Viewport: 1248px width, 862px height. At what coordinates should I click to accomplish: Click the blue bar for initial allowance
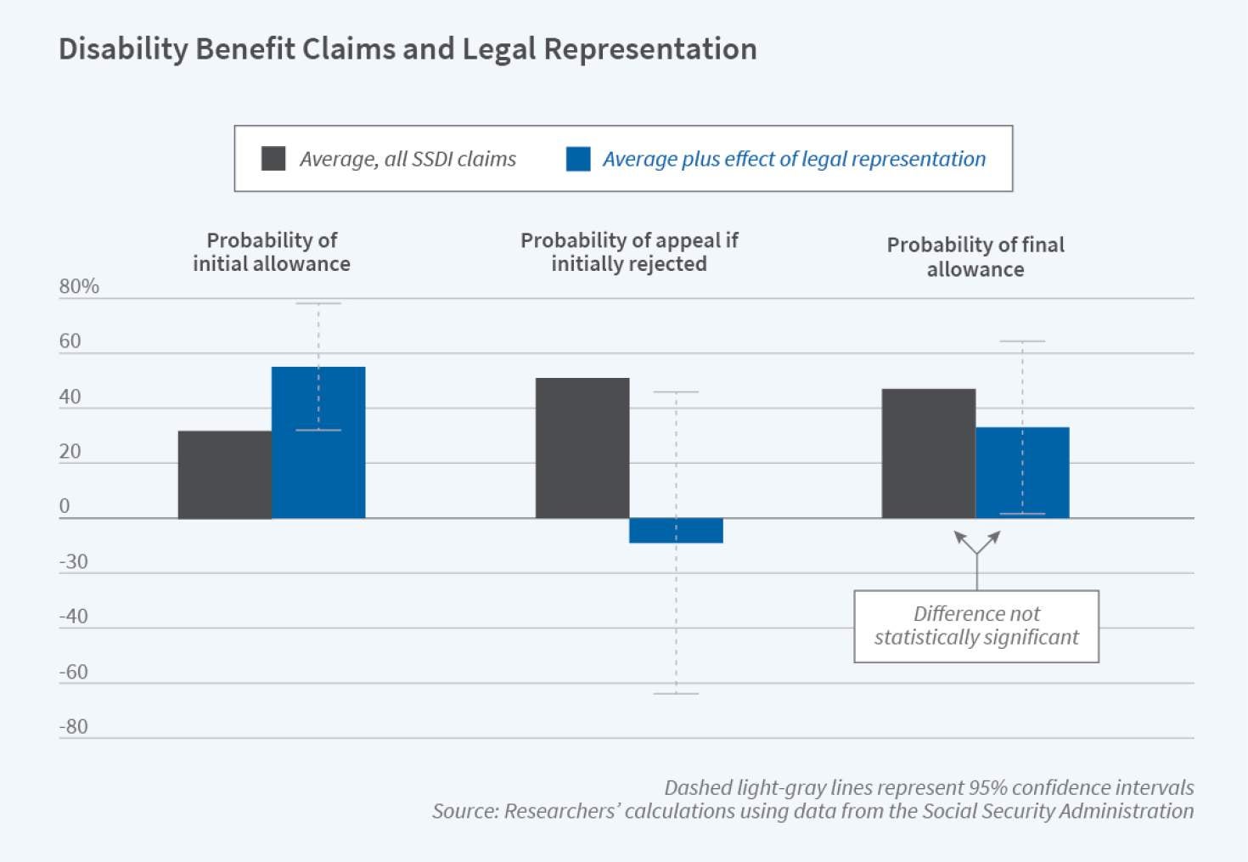click(x=318, y=442)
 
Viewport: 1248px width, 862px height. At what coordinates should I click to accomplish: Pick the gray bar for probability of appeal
click(x=582, y=448)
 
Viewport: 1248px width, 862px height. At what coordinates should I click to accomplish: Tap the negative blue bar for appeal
click(x=676, y=530)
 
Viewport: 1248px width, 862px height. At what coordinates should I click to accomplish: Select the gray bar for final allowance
click(x=928, y=454)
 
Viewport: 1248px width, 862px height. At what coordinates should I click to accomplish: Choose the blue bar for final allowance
click(x=1022, y=472)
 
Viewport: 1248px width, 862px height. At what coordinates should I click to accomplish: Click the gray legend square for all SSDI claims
click(x=273, y=159)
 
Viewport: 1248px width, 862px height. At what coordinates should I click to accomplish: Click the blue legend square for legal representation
click(x=578, y=159)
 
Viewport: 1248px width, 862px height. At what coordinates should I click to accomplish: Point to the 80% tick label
click(x=79, y=286)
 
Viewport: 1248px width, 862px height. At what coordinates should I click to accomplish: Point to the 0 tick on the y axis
click(x=65, y=506)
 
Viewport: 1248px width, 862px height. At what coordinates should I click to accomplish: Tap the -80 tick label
click(x=73, y=726)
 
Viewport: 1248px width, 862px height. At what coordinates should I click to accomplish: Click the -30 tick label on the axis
click(x=73, y=561)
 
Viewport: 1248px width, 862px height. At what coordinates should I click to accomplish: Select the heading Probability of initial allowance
click(x=272, y=251)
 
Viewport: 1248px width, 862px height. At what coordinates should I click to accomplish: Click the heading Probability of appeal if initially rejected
click(x=629, y=251)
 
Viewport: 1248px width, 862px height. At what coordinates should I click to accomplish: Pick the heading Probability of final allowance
click(x=975, y=256)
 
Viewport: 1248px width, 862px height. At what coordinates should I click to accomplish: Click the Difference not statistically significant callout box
click(x=976, y=626)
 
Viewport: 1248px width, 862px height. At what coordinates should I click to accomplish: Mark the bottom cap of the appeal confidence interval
click(x=677, y=694)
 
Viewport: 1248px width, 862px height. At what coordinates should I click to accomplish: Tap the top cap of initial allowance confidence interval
click(x=318, y=303)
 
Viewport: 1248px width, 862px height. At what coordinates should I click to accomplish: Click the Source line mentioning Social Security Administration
click(x=812, y=811)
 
